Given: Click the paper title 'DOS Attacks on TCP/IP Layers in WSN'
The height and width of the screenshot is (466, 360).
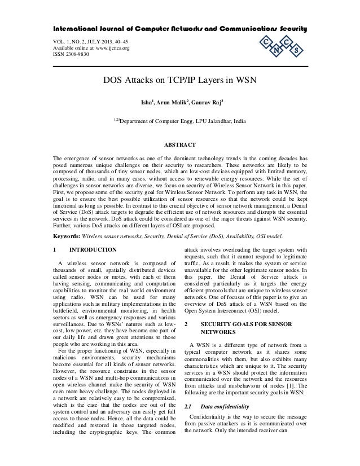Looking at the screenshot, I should (180, 80).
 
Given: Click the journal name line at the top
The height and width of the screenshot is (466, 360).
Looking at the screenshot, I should (180, 29).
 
